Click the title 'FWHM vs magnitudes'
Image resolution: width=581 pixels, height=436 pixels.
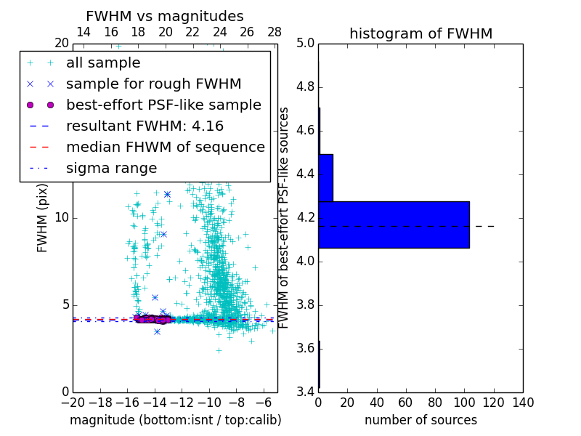pyautogui.click(x=165, y=16)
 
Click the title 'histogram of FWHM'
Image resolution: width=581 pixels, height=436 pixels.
pyautogui.click(x=420, y=33)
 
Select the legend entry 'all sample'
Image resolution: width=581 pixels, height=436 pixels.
pyautogui.click(x=103, y=63)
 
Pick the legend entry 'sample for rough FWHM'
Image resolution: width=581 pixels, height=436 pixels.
pyautogui.click(x=153, y=84)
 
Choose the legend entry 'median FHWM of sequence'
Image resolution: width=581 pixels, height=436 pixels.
pyautogui.click(x=165, y=148)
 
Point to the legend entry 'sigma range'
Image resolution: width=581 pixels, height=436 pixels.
pyautogui.click(x=111, y=169)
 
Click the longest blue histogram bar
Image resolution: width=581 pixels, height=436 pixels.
pyautogui.click(x=394, y=225)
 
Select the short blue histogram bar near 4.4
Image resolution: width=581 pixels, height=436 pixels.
pyautogui.click(x=325, y=177)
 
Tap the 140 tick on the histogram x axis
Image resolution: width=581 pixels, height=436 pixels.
pyautogui.click(x=523, y=403)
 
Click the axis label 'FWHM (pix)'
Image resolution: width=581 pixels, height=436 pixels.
pyautogui.click(x=43, y=217)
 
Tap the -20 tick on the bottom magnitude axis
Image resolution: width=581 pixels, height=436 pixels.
pyautogui.click(x=73, y=403)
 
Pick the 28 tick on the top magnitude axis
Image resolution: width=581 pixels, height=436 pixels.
pyautogui.click(x=275, y=32)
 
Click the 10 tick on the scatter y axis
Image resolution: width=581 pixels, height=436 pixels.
pyautogui.click(x=62, y=217)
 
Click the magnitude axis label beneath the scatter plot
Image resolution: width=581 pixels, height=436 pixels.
pyautogui.click(x=175, y=420)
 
